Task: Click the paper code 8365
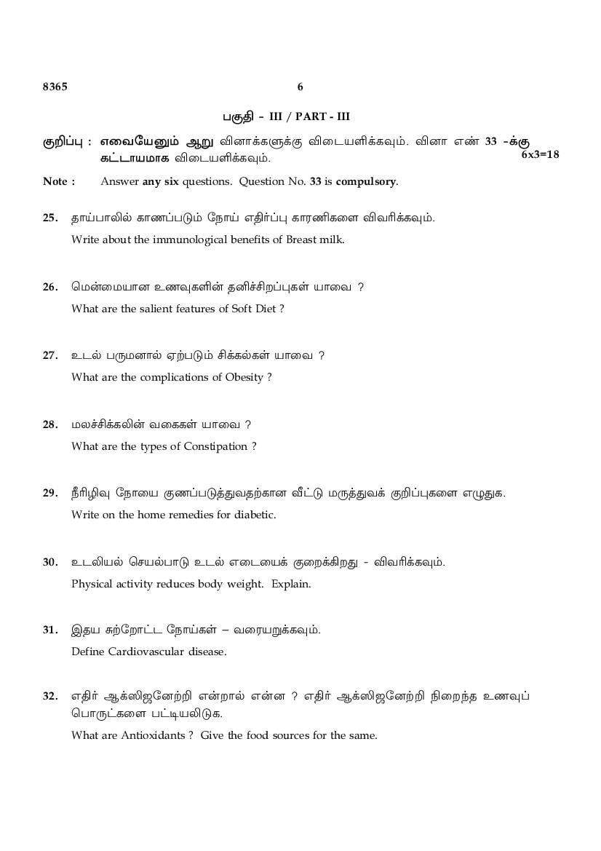click(x=55, y=87)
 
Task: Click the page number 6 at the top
click(x=300, y=87)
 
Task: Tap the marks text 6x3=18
click(x=541, y=154)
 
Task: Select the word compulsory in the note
click(x=367, y=181)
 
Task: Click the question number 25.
click(x=50, y=218)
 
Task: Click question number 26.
click(x=50, y=287)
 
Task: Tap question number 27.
click(x=50, y=355)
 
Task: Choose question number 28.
click(x=50, y=424)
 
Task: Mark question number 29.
click(x=50, y=493)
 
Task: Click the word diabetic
click(x=255, y=515)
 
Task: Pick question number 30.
click(x=50, y=562)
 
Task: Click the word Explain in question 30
click(x=291, y=584)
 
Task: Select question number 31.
click(x=50, y=630)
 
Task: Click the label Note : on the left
click(x=59, y=181)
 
